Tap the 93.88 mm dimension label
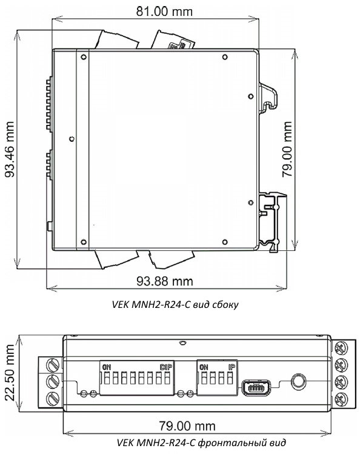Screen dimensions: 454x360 [165, 281]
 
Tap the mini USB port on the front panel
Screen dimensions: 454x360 [255, 386]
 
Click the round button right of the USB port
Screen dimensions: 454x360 [298, 382]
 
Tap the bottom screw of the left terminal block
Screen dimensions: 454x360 [52, 398]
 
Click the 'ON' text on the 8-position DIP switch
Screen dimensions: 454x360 [107, 367]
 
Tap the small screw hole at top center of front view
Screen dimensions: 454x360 [180, 341]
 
